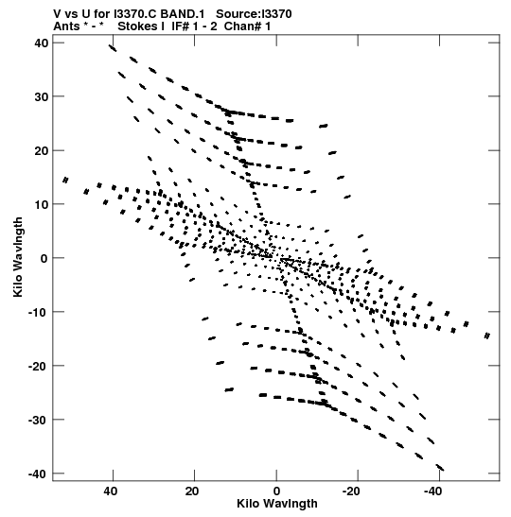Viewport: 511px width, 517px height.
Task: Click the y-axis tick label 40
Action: tap(41, 43)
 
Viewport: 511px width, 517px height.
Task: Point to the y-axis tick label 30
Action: tap(41, 96)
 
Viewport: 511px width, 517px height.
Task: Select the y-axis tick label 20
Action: tap(41, 150)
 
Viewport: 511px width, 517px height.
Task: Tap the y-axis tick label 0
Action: tap(44, 258)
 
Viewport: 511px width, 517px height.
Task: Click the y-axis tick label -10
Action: tap(38, 312)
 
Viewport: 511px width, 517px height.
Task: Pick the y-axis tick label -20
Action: tap(38, 366)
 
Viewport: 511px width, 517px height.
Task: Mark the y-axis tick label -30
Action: tap(38, 420)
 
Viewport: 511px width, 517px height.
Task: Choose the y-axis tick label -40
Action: tap(38, 474)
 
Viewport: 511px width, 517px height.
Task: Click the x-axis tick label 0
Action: tap(276, 491)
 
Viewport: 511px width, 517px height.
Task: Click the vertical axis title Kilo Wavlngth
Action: tap(18, 257)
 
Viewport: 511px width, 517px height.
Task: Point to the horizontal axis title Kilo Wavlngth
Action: tap(277, 504)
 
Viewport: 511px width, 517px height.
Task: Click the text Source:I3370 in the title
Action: tap(254, 14)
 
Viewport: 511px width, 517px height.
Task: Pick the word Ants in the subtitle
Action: tap(66, 26)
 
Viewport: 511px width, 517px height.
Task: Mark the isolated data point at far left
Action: tap(65, 180)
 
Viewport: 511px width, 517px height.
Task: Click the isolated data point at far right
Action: tap(487, 336)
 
